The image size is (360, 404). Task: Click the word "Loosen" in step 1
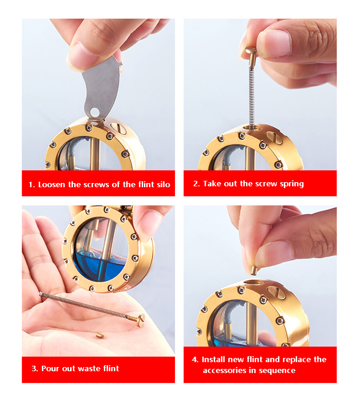(x=52, y=184)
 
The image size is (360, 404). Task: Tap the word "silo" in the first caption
(x=163, y=184)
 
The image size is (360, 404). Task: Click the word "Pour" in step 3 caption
(x=50, y=368)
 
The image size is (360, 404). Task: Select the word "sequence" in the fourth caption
(x=277, y=371)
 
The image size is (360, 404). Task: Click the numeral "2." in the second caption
(x=196, y=184)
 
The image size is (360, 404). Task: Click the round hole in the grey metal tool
(x=94, y=112)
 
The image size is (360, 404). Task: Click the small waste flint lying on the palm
(x=100, y=335)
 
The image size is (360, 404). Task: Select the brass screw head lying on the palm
(x=140, y=320)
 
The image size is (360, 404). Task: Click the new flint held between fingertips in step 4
(x=254, y=270)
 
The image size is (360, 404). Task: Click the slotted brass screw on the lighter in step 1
(x=118, y=127)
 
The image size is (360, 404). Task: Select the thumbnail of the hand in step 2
(x=274, y=43)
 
